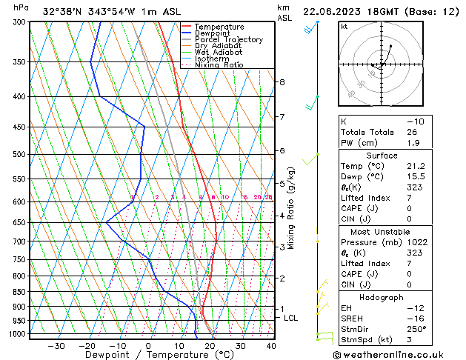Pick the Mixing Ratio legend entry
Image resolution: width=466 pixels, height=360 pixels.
(x=224, y=64)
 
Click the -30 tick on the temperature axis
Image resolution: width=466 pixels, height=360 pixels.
(x=56, y=345)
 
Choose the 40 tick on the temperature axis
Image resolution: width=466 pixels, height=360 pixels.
(x=271, y=345)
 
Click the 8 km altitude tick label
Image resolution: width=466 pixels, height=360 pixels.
(x=282, y=81)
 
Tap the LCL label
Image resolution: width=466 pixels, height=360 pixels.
(x=291, y=318)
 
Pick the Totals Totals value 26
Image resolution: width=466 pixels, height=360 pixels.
(x=413, y=132)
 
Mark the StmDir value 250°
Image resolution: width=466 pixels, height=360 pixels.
(x=416, y=329)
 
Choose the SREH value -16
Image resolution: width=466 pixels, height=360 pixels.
(x=414, y=318)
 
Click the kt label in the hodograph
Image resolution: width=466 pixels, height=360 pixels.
(x=344, y=27)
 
